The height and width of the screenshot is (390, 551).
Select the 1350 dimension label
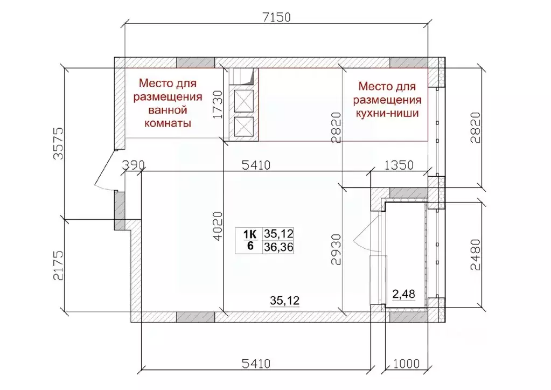point(399,165)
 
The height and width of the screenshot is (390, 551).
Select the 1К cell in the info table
point(250,234)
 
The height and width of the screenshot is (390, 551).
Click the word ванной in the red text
point(167,110)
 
